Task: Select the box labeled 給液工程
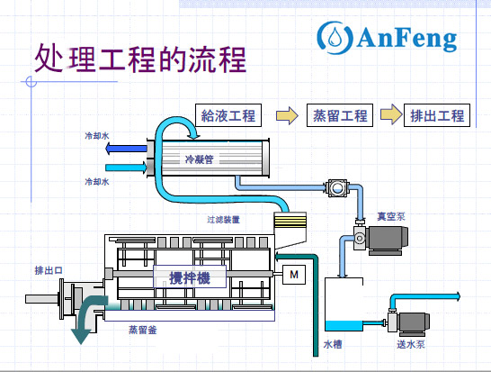[228, 115]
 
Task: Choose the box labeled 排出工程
[436, 115]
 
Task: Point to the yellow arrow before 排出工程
[389, 115]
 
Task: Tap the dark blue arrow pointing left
[126, 150]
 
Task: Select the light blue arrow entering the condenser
[126, 168]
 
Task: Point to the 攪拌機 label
[190, 278]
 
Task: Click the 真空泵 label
[392, 215]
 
